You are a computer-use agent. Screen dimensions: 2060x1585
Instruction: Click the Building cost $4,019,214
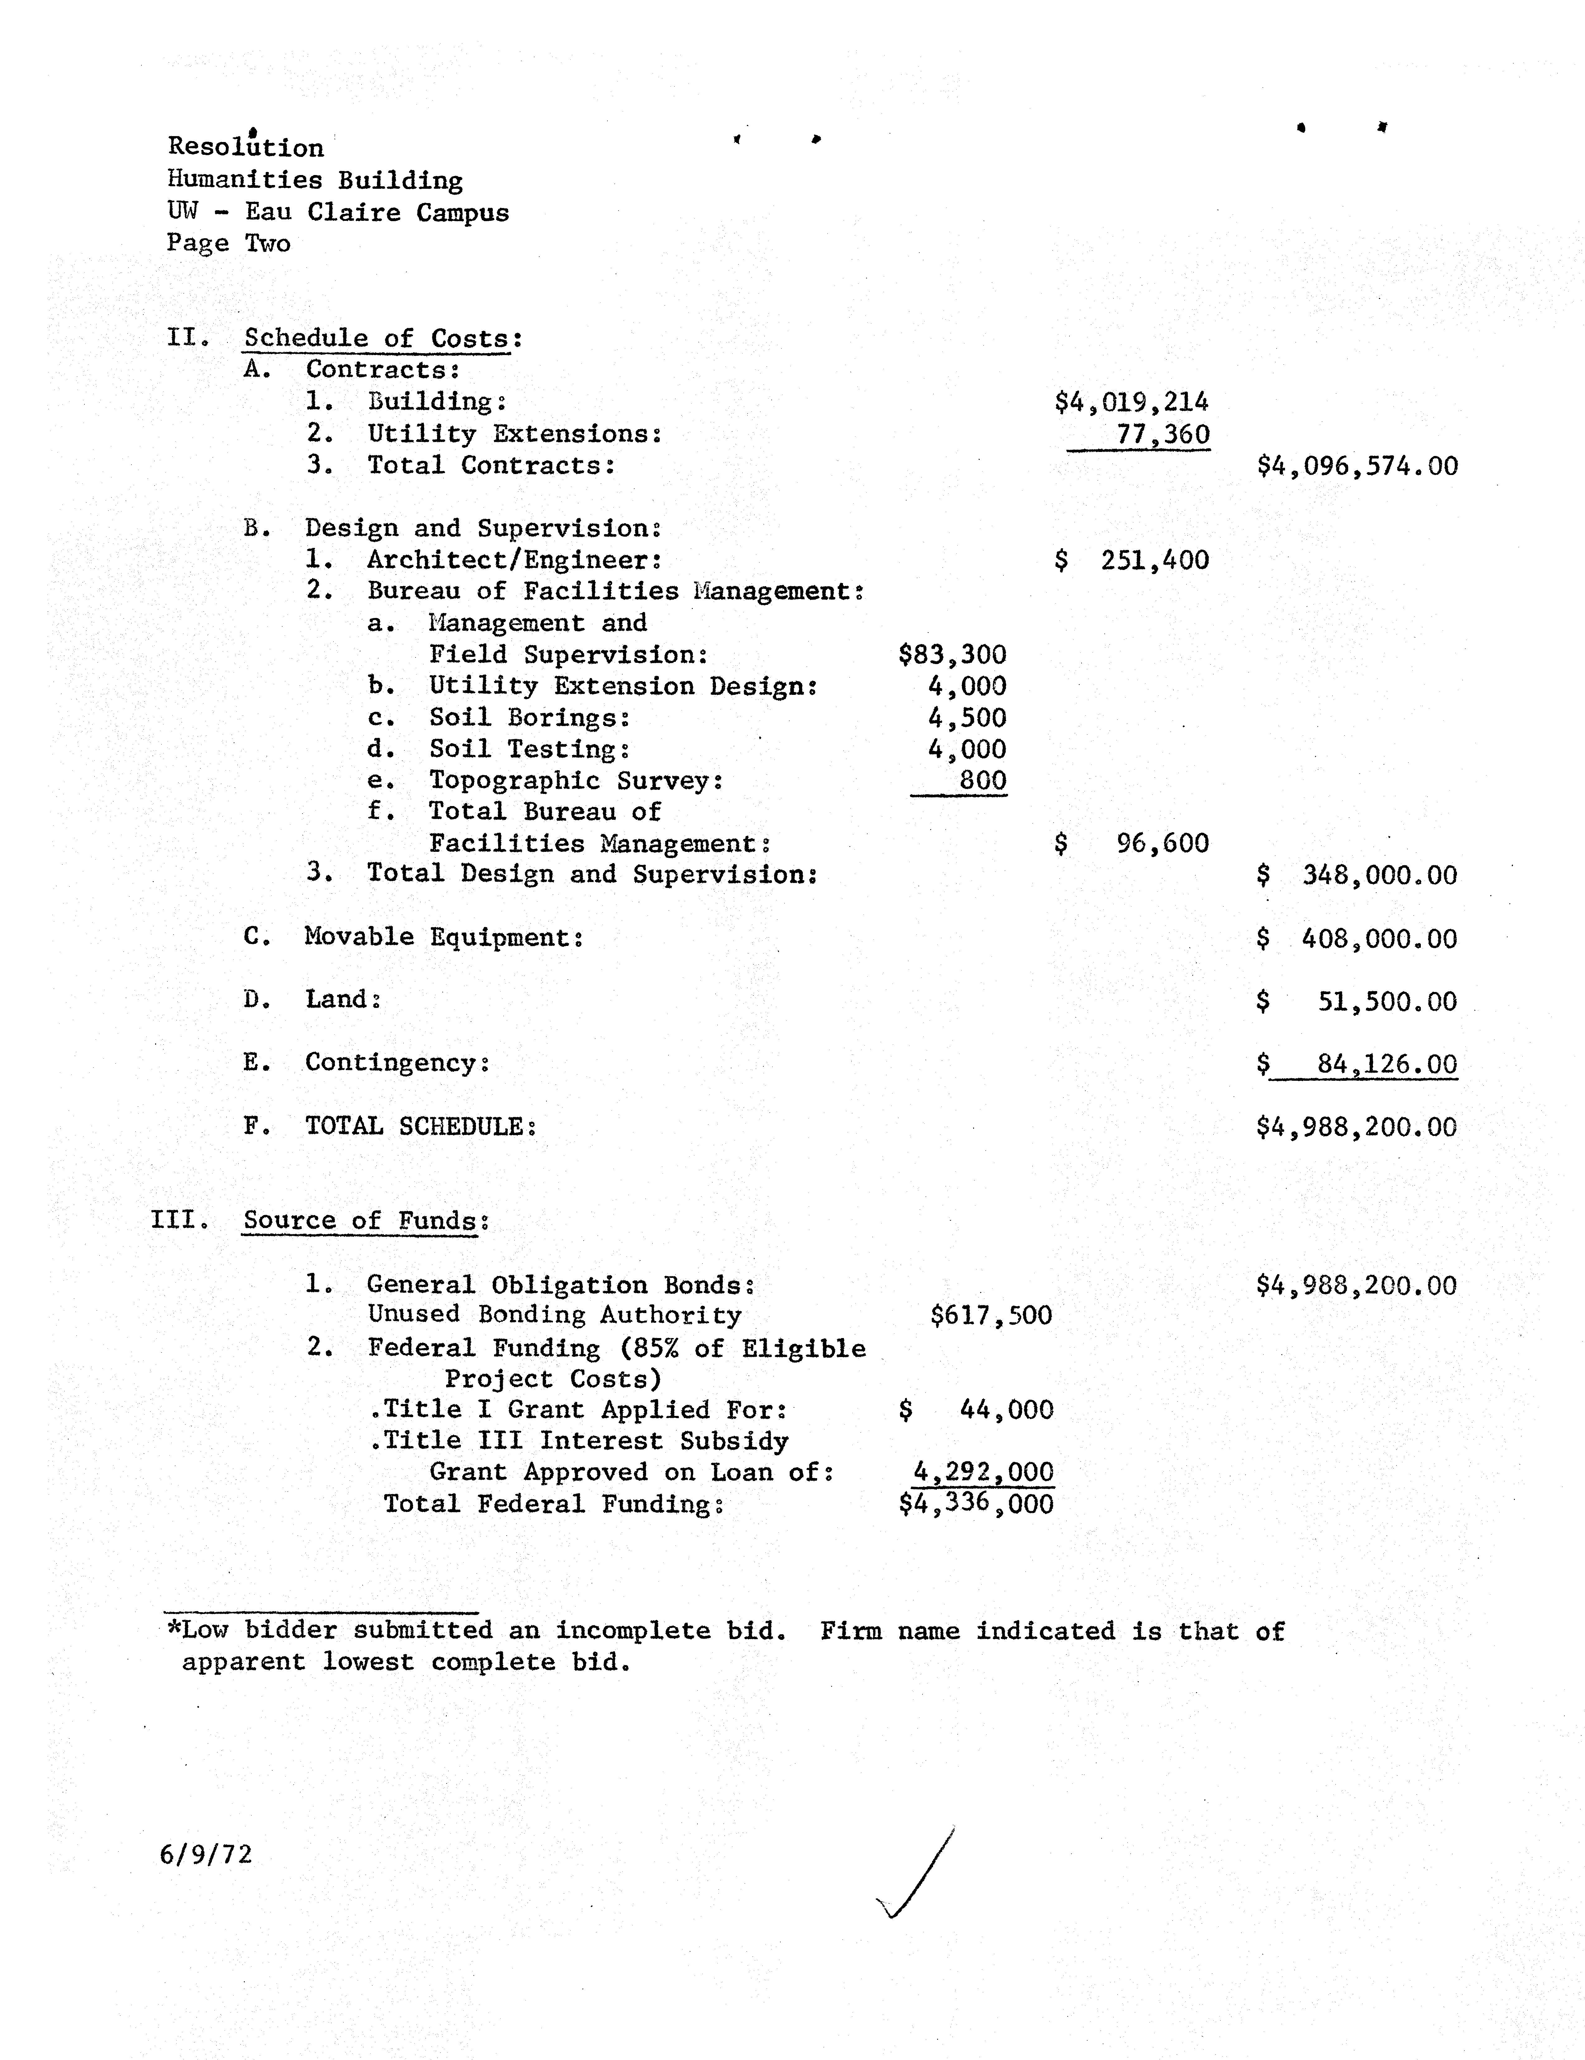point(1131,403)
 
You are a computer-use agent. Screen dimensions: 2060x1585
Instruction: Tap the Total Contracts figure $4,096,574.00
point(1357,466)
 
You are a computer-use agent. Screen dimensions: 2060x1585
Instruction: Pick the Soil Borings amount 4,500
point(967,718)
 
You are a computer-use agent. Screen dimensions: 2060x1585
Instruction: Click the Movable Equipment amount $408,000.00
point(1357,938)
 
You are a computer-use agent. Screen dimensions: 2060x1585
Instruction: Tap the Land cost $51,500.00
point(1357,1002)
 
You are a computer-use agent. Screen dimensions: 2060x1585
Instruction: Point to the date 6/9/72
point(206,1854)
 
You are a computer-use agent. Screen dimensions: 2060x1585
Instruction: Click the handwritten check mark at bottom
point(913,1877)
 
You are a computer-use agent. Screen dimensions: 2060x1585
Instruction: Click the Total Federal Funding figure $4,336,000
point(976,1503)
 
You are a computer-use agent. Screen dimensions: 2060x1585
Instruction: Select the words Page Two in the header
point(228,243)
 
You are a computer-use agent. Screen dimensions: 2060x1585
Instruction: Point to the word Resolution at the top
point(245,147)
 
